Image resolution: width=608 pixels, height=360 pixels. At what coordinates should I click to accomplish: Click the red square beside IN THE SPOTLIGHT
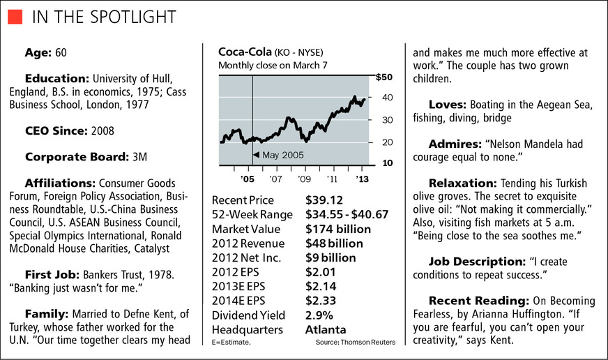16,16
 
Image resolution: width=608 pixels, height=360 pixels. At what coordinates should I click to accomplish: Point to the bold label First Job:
55,276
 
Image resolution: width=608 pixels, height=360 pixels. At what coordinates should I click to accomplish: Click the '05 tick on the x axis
248,178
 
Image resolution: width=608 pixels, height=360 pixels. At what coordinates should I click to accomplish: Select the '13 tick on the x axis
363,178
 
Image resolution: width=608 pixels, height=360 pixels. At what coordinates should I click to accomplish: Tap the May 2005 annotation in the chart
282,155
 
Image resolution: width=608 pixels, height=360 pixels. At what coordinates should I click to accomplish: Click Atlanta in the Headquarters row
326,329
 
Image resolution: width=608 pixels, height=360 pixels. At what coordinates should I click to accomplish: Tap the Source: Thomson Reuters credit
355,343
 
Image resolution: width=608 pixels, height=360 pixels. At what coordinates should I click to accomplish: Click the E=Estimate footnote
231,343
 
